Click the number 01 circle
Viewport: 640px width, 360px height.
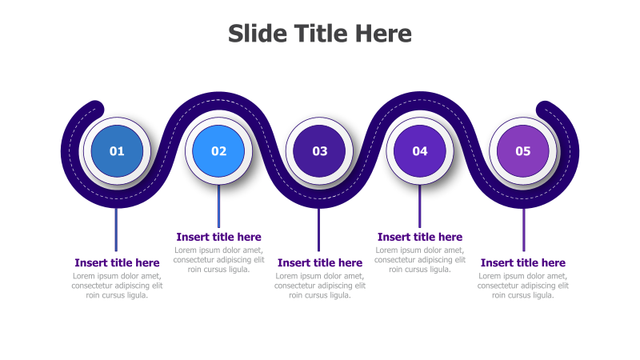pyautogui.click(x=117, y=150)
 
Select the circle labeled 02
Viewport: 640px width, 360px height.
pyautogui.click(x=218, y=150)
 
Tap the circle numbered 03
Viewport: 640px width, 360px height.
pyautogui.click(x=320, y=150)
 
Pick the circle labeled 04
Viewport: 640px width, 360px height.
pyautogui.click(x=420, y=150)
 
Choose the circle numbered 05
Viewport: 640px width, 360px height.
pyautogui.click(x=522, y=150)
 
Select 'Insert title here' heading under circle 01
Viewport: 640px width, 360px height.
pyautogui.click(x=117, y=262)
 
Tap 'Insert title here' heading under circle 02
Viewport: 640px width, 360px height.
pyautogui.click(x=218, y=237)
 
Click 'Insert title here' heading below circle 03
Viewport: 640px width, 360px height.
pyautogui.click(x=320, y=262)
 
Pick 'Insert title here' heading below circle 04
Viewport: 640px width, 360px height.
pyautogui.click(x=420, y=237)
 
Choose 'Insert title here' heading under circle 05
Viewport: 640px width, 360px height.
pyautogui.click(x=522, y=262)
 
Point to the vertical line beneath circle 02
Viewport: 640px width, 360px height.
pyautogui.click(x=218, y=206)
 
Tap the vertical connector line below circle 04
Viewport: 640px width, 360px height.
pyautogui.click(x=419, y=206)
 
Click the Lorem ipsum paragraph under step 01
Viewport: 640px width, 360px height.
pyautogui.click(x=117, y=286)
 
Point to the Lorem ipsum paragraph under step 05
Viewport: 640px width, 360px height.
pyautogui.click(x=522, y=286)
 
